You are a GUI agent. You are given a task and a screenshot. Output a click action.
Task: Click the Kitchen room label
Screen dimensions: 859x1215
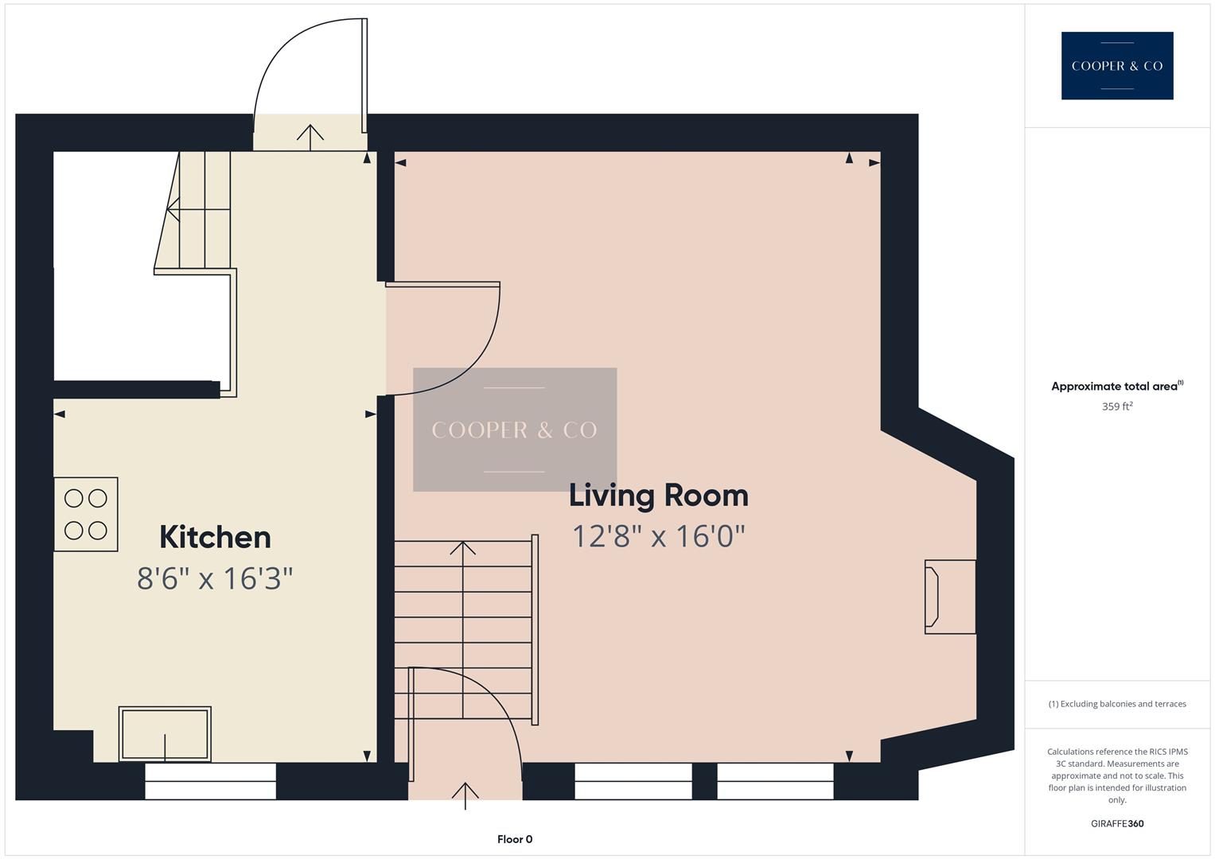tap(215, 537)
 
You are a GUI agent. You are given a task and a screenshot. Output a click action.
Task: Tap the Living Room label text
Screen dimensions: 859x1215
tap(658, 496)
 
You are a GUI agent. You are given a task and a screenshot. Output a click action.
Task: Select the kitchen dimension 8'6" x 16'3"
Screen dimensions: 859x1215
tap(215, 578)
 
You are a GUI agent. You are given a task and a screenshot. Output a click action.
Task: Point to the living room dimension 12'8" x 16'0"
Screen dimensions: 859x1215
tap(658, 536)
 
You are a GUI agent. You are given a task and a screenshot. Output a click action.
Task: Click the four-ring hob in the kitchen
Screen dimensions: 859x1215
tap(86, 515)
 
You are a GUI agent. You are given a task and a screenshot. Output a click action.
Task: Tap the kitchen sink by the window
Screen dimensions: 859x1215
tap(165, 734)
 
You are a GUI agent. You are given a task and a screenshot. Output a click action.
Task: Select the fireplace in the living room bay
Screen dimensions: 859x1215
tap(949, 597)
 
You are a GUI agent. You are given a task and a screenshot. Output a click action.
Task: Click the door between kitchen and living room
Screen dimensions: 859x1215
tap(442, 338)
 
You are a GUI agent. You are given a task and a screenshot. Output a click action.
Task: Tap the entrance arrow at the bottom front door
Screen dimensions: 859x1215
tap(465, 794)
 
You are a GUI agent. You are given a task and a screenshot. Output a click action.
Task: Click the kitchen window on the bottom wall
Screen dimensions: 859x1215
tap(210, 781)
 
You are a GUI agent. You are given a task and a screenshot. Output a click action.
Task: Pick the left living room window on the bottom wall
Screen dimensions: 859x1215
tap(633, 781)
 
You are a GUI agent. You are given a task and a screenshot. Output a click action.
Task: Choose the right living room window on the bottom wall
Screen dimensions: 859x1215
tap(775, 781)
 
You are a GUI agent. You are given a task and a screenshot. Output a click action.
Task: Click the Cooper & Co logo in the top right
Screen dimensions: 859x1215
tap(1116, 66)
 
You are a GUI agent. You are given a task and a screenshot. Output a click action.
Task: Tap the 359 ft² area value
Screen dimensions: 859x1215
tap(1116, 406)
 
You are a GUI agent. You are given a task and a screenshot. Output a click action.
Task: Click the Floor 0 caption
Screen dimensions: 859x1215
tap(515, 839)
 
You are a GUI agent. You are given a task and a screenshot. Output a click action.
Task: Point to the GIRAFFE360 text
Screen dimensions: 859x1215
tap(1116, 823)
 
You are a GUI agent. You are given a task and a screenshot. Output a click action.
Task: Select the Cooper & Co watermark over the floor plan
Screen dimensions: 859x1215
tap(515, 429)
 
